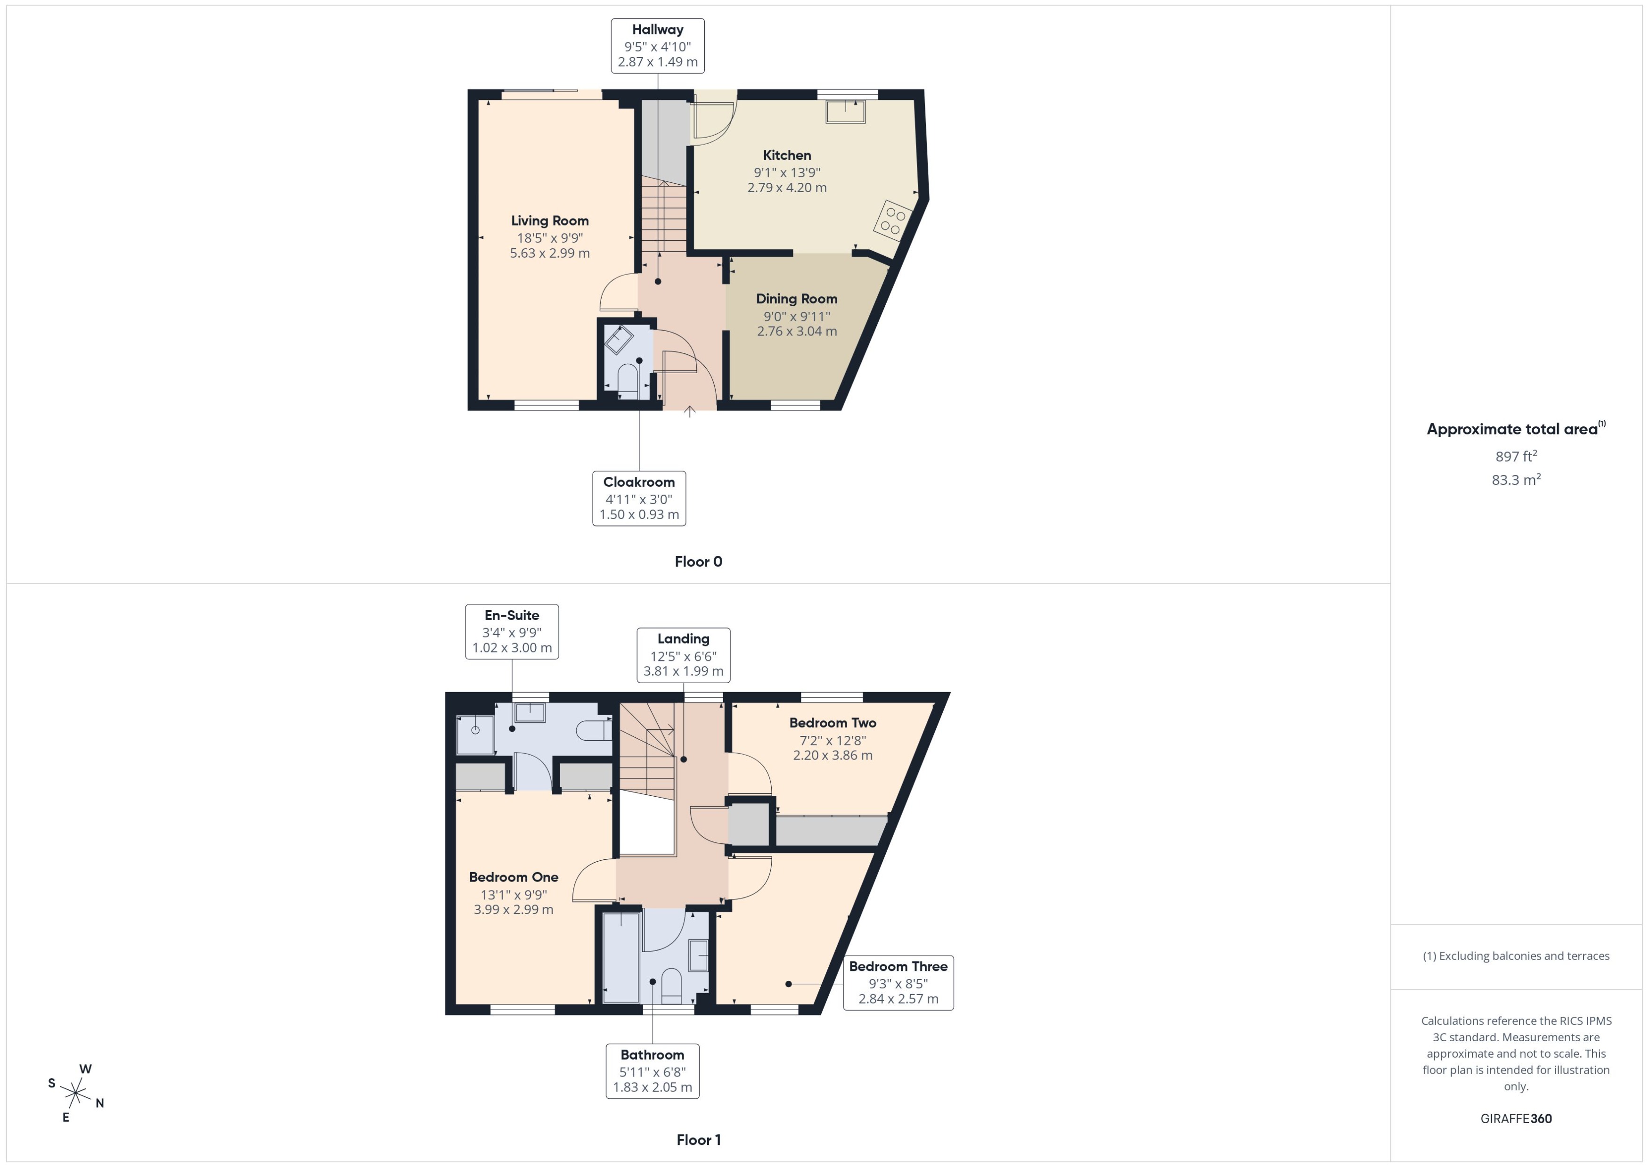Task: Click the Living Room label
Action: click(550, 220)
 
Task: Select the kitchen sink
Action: click(845, 112)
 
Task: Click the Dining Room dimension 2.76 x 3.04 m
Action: click(797, 331)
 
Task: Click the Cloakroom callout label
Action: click(639, 498)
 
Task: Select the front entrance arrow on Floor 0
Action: click(690, 412)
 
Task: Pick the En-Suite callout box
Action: click(512, 631)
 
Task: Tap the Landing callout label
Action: click(683, 654)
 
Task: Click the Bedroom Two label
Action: click(833, 723)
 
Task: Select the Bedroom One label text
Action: click(514, 877)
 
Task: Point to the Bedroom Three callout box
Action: click(898, 982)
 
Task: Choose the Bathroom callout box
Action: click(653, 1071)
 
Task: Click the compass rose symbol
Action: click(75, 1094)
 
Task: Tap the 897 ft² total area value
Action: click(1516, 457)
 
